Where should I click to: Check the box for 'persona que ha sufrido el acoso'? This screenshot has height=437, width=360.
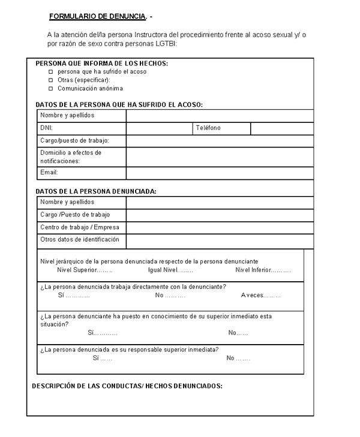point(51,71)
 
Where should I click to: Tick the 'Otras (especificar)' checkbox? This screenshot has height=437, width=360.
point(51,80)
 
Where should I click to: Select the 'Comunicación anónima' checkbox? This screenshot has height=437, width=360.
point(51,88)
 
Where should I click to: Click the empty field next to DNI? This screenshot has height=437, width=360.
point(159,128)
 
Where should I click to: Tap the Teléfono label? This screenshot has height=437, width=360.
point(208,128)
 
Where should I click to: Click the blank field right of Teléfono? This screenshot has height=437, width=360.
point(281,128)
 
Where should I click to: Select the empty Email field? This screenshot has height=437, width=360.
point(220,173)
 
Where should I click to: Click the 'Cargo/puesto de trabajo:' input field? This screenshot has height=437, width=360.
point(220,141)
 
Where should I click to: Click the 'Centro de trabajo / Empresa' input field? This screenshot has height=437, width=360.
point(220,227)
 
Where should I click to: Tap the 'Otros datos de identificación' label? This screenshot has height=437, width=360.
point(80,240)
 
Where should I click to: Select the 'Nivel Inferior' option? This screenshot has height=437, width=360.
point(263,270)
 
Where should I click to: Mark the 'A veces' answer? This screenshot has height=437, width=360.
point(260,296)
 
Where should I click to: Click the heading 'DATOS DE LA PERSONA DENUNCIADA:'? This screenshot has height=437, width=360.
point(96,191)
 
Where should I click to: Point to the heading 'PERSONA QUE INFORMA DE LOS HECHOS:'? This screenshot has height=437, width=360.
point(101,63)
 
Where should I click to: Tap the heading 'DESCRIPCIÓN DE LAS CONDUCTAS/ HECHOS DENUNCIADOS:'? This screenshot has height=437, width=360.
point(127,386)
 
